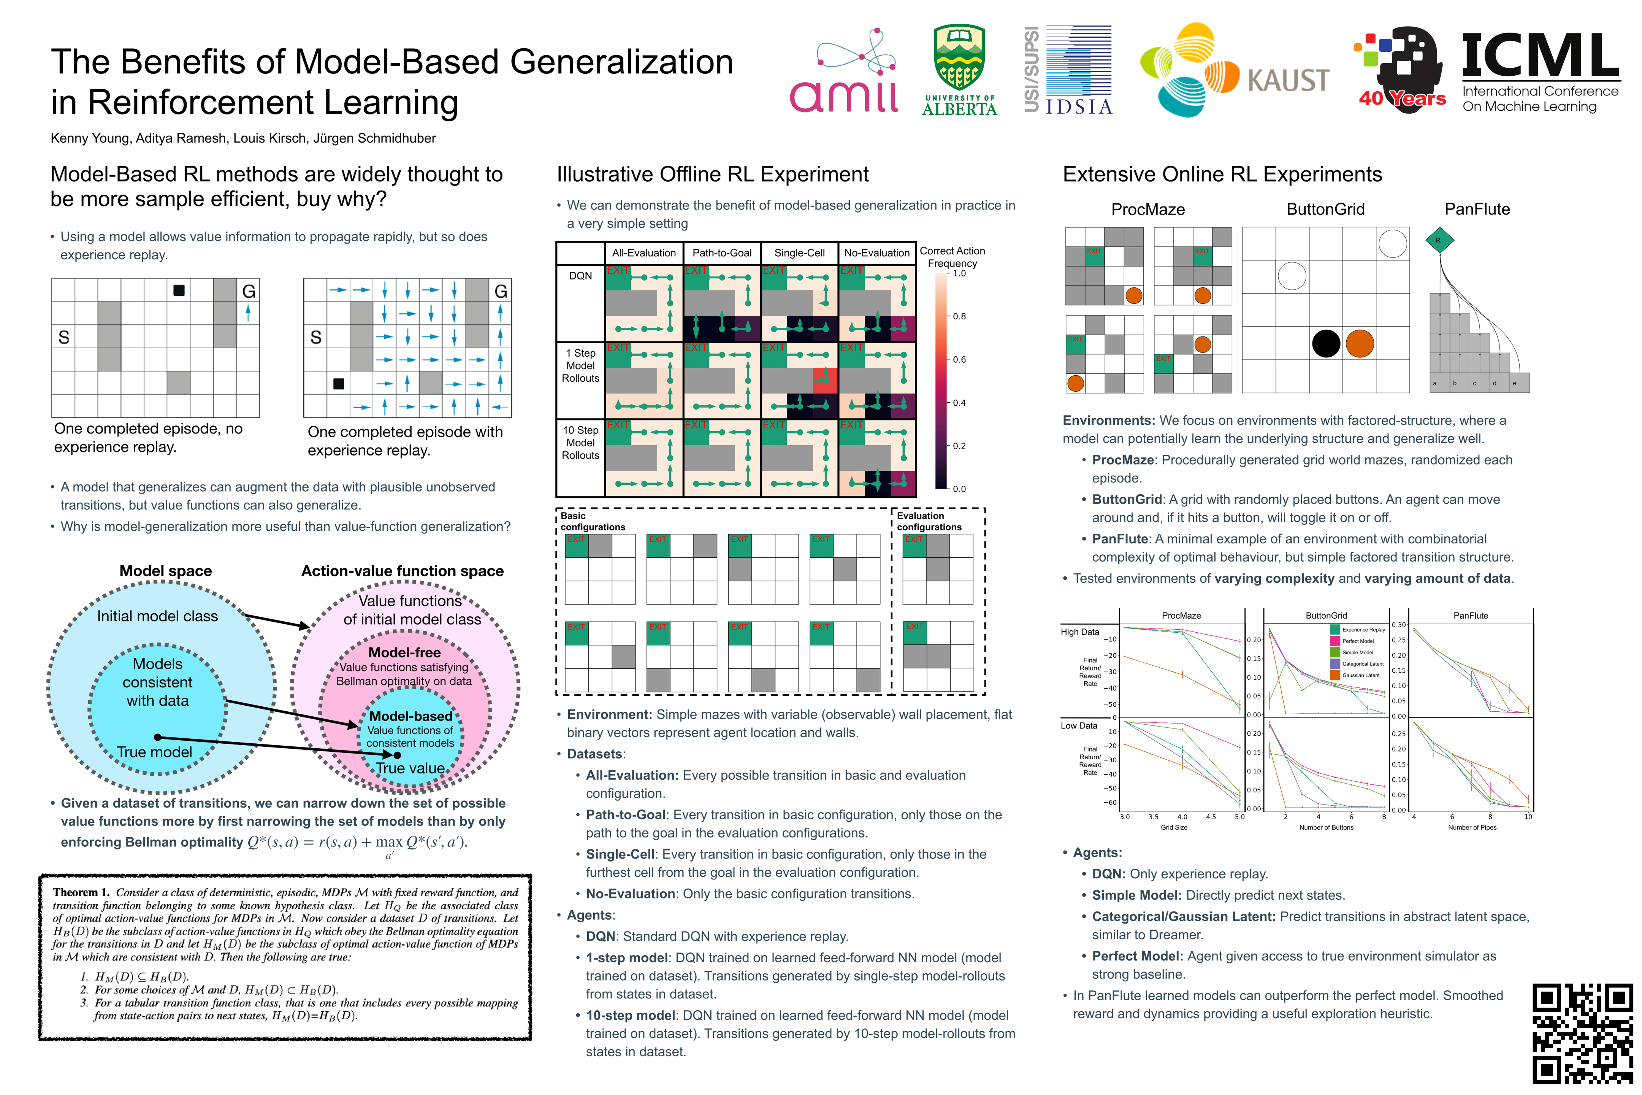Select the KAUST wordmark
(1288, 80)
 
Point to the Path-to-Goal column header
(722, 253)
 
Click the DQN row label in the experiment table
(580, 276)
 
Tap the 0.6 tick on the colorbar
(959, 360)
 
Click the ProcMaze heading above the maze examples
(1148, 209)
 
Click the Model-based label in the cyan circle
(410, 716)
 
